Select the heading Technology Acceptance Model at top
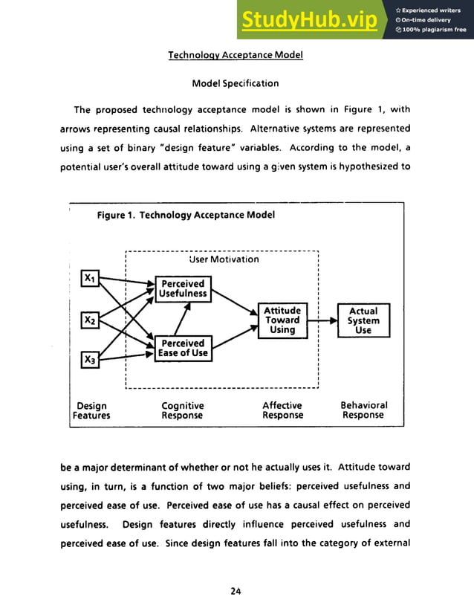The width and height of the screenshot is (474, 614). click(236, 55)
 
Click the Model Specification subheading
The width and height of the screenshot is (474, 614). click(236, 83)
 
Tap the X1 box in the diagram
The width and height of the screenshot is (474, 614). click(89, 278)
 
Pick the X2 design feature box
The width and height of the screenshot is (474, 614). click(89, 320)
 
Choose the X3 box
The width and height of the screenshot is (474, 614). click(89, 361)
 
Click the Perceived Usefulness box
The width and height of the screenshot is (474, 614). click(183, 288)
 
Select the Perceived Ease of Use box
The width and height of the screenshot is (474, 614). click(183, 348)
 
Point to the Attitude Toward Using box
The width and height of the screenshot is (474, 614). click(282, 320)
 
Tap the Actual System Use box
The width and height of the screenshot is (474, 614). click(363, 320)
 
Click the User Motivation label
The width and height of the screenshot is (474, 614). click(224, 259)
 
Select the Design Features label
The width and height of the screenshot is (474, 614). click(91, 410)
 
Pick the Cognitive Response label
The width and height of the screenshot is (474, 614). click(182, 410)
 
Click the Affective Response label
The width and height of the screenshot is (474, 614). click(282, 410)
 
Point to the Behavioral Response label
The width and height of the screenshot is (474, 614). click(363, 410)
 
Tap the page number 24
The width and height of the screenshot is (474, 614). click(236, 591)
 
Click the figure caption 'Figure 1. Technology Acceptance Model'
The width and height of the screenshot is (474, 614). click(186, 215)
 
